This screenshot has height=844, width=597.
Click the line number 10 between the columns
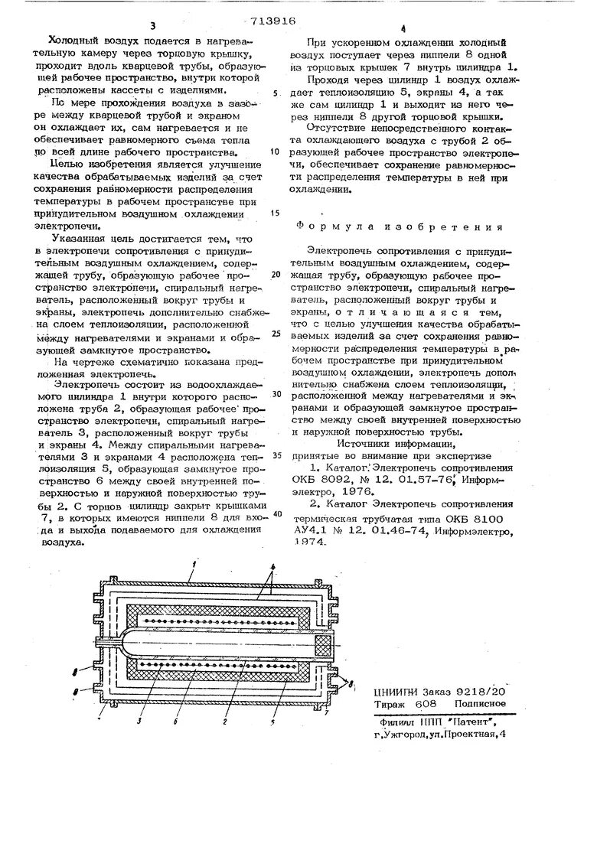tap(276, 152)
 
